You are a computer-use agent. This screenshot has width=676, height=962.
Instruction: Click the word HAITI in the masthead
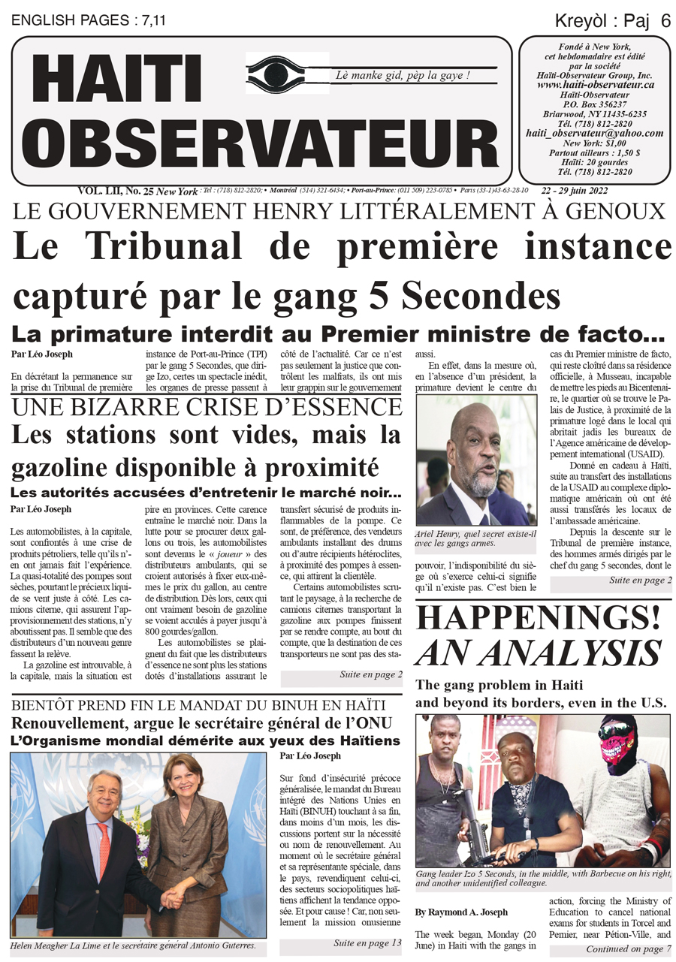click(116, 80)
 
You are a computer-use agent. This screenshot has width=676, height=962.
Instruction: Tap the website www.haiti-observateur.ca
click(596, 86)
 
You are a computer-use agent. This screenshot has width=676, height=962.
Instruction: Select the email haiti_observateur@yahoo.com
click(595, 133)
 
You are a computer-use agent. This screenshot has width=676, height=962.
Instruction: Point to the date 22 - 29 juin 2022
click(605, 190)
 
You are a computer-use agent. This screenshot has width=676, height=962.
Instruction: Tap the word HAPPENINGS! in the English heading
click(539, 617)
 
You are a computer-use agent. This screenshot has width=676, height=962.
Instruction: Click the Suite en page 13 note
click(367, 942)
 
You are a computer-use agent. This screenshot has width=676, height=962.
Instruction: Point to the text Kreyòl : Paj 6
click(613, 21)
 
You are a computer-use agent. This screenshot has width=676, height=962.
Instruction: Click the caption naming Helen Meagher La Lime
click(138, 946)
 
